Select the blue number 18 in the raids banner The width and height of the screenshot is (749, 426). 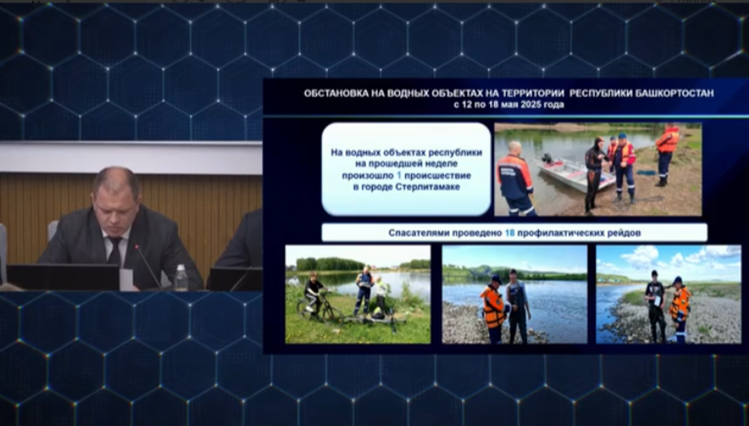coord(510,233)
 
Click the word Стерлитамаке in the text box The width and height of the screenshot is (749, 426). coord(428,187)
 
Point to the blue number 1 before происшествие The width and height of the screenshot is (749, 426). coord(399,175)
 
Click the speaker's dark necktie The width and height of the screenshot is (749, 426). coord(115,250)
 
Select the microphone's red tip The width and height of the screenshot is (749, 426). coord(136,246)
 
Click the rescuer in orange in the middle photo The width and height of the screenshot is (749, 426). coord(493,309)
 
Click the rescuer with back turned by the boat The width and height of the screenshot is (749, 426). coord(515,179)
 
